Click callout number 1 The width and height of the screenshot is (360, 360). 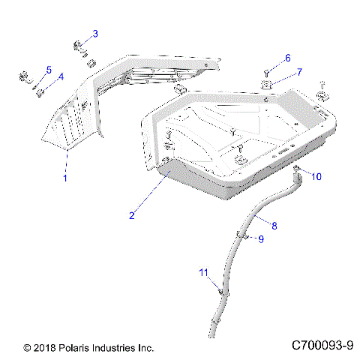[x=64, y=178]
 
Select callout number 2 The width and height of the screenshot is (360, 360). [x=131, y=216]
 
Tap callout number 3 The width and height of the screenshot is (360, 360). [x=94, y=33]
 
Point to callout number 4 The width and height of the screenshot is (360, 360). [x=61, y=77]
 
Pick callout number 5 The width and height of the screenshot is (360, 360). [x=49, y=70]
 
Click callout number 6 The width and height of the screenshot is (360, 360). [x=286, y=58]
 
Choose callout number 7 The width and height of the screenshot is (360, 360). [x=298, y=72]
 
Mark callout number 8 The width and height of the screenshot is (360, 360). [x=273, y=224]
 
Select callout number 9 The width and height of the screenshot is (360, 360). [x=261, y=239]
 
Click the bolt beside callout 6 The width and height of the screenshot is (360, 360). [x=268, y=72]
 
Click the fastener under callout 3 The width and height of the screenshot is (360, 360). [x=80, y=47]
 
